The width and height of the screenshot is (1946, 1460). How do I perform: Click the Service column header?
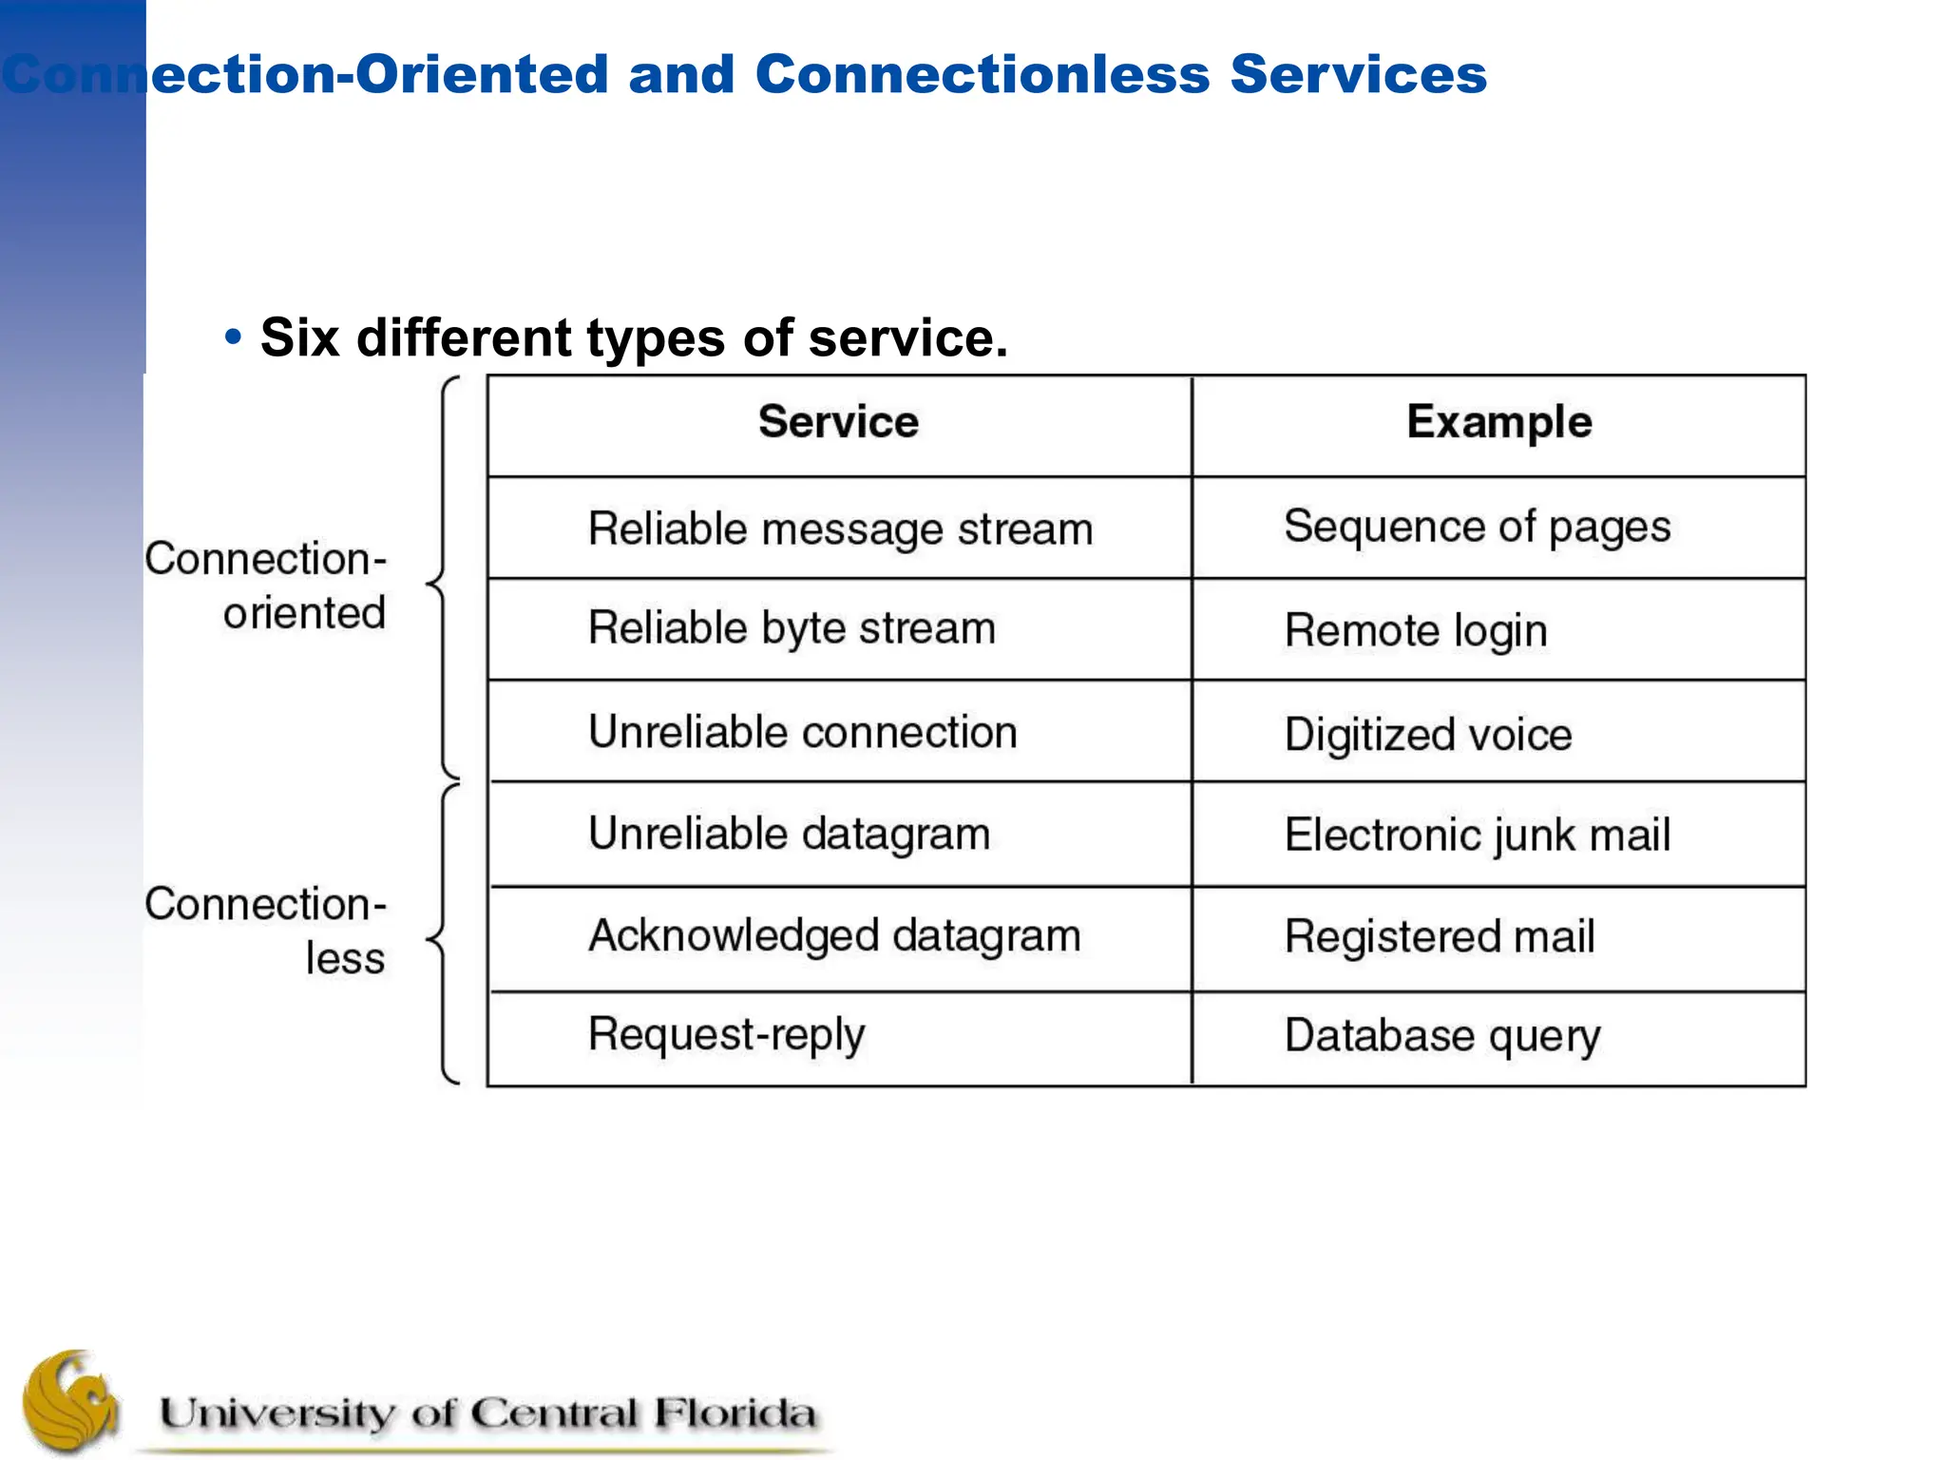[x=838, y=422]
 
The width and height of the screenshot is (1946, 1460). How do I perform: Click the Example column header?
[x=1498, y=422]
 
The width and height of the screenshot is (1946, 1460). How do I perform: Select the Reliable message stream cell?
[x=840, y=529]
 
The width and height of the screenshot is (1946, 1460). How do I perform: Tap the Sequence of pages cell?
[x=1477, y=528]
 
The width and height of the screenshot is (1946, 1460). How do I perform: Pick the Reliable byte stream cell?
[x=792, y=629]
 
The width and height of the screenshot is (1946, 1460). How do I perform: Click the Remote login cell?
[x=1416, y=631]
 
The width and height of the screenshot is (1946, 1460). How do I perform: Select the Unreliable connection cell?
[x=802, y=733]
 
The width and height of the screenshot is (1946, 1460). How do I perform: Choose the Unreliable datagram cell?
[x=789, y=835]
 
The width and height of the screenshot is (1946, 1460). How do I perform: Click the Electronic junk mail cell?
[x=1477, y=836]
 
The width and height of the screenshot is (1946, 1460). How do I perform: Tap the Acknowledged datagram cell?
[x=834, y=936]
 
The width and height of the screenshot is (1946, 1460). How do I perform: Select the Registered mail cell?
[x=1439, y=937]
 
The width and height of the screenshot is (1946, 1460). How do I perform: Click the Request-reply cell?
[x=726, y=1035]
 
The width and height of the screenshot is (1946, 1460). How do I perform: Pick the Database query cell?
[x=1441, y=1036]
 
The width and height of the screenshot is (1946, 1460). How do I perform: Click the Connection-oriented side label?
[x=266, y=586]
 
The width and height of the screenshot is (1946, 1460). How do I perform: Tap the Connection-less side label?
[x=266, y=931]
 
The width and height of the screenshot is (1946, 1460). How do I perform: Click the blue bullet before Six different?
[x=233, y=336]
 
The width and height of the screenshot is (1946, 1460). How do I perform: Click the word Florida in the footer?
[x=734, y=1413]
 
